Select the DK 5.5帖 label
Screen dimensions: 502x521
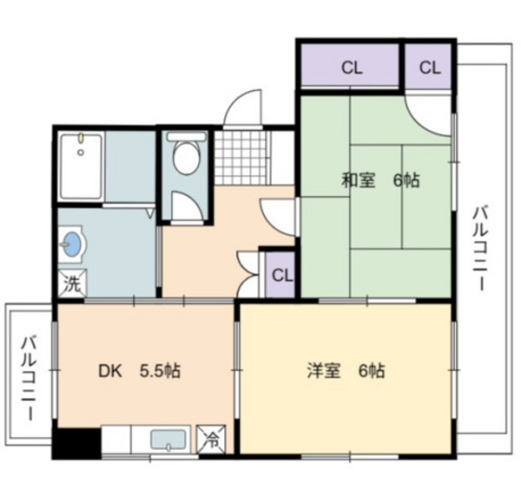(x=140, y=371)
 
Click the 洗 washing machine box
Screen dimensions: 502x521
(x=71, y=284)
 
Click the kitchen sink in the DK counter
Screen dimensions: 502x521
(x=168, y=440)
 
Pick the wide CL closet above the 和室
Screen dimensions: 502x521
(x=350, y=67)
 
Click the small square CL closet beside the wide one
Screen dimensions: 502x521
(x=428, y=67)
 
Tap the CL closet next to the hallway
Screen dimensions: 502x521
(x=282, y=276)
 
